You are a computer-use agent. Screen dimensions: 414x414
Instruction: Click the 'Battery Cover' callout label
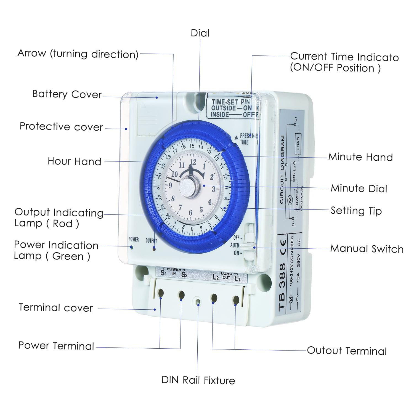click(x=67, y=94)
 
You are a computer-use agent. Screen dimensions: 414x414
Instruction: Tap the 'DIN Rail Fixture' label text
click(x=198, y=380)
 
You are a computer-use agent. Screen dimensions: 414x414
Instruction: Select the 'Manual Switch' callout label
click(x=367, y=249)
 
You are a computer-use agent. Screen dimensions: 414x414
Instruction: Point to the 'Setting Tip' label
click(x=356, y=211)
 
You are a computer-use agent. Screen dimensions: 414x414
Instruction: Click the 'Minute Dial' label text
click(x=359, y=189)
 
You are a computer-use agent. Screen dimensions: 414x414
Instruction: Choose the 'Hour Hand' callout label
click(x=74, y=161)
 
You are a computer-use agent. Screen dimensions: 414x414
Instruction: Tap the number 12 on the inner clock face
click(x=193, y=162)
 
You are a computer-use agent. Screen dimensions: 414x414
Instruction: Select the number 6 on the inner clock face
click(x=190, y=213)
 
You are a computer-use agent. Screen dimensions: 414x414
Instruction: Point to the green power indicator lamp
click(x=132, y=248)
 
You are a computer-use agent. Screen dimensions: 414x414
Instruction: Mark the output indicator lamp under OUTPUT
click(x=154, y=249)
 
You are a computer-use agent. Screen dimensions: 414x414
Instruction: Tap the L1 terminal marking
click(x=237, y=278)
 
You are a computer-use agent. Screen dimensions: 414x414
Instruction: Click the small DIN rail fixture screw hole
click(x=198, y=302)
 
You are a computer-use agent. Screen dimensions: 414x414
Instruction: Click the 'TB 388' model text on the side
click(x=282, y=287)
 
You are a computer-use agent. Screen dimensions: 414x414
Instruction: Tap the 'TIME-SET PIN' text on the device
click(x=230, y=102)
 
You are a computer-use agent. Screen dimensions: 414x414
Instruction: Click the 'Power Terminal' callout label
click(x=56, y=346)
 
